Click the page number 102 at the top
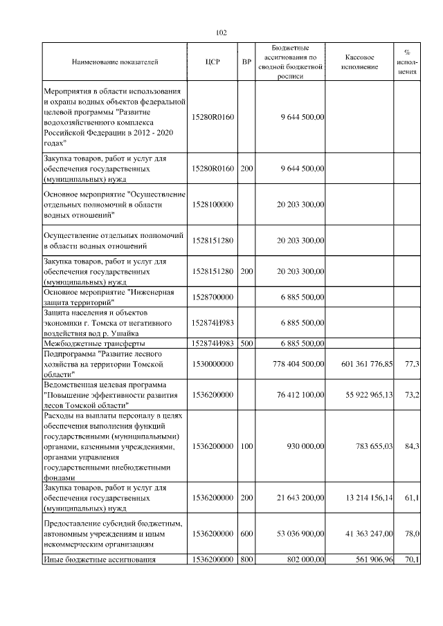[x=221, y=33]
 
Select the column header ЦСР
[x=213, y=62]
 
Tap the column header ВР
[x=246, y=62]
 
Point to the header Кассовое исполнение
[x=359, y=62]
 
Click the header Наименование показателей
[x=115, y=62]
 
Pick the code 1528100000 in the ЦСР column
[x=213, y=205]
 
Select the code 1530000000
[x=213, y=363]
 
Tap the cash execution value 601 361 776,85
[x=368, y=363]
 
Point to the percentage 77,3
[x=412, y=363]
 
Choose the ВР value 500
[x=246, y=343]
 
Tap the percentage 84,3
[x=412, y=446]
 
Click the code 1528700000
[x=213, y=296]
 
